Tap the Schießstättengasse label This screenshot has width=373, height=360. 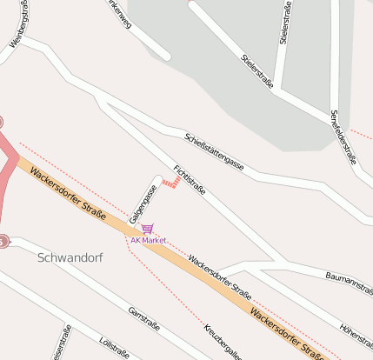(x=214, y=150)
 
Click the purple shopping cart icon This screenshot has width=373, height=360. (x=147, y=230)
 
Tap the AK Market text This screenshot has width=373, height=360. (x=148, y=240)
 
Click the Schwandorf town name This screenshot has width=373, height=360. (x=70, y=258)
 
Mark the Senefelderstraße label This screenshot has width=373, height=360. (x=344, y=137)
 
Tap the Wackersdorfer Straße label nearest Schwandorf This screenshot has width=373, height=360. (x=68, y=193)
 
